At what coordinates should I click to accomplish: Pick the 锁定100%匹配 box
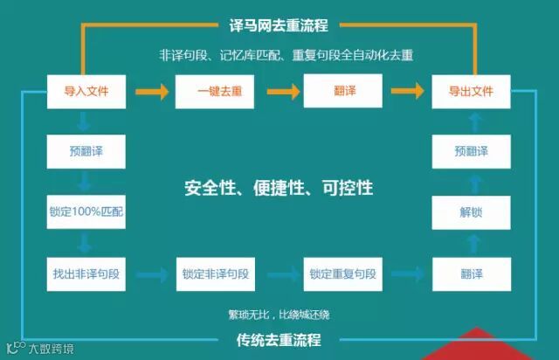(x=86, y=211)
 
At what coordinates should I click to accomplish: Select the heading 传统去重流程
(x=279, y=339)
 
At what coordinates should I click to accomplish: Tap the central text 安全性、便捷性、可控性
(x=279, y=187)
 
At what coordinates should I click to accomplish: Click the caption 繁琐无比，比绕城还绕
(x=279, y=314)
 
